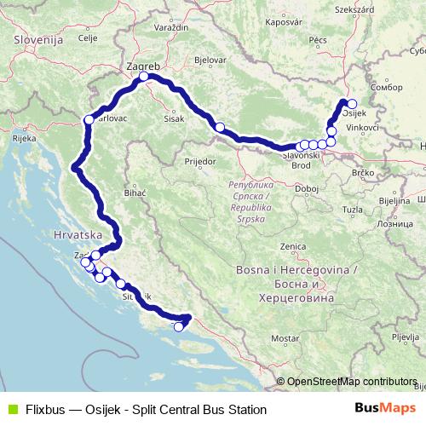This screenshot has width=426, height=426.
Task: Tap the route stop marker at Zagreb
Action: point(145,77)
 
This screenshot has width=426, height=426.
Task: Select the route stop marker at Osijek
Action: point(352,104)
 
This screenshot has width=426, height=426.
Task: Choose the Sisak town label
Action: point(177,118)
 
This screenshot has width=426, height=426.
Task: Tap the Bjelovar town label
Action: point(210,61)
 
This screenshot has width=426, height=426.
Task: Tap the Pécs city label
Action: point(318,39)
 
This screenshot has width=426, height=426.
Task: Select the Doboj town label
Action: point(306,187)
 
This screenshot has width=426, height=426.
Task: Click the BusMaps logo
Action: point(380,408)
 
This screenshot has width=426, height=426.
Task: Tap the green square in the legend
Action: point(11,409)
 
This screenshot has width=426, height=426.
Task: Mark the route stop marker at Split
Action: point(179,326)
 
